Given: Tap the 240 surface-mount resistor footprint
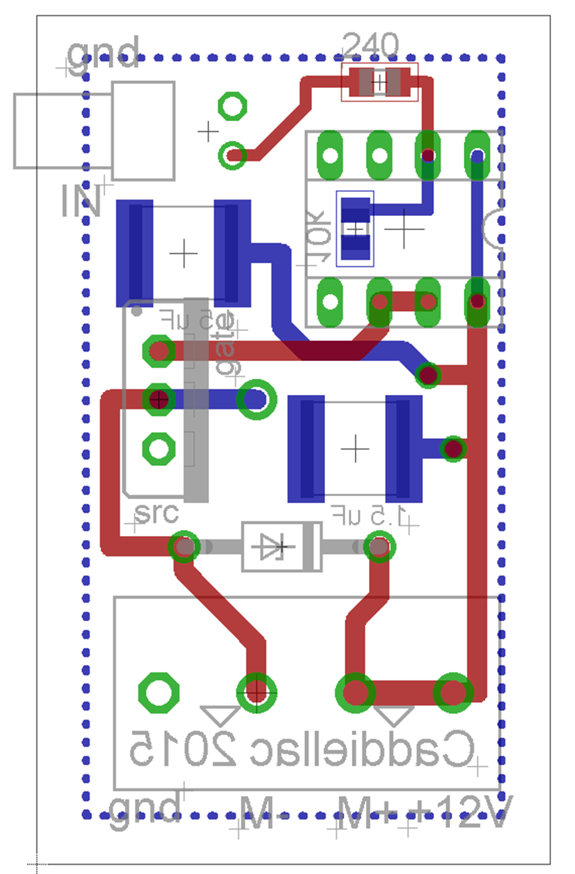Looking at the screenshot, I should tap(379, 82).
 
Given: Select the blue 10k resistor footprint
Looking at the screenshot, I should tap(356, 228).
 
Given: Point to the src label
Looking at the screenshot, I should tap(156, 512).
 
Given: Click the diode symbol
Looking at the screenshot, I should tap(281, 547).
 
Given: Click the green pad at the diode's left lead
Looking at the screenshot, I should tap(184, 547).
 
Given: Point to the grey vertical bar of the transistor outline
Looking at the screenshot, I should tap(196, 400).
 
